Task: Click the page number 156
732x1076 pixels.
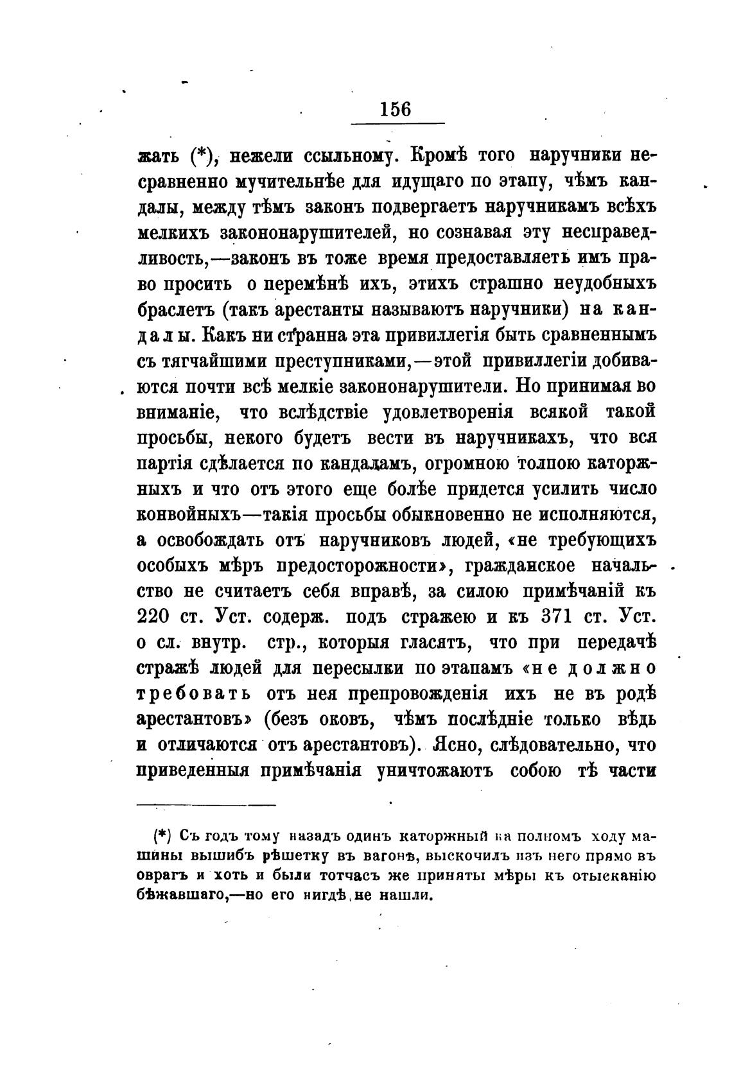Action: (395, 108)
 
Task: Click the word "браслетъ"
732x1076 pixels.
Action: (174, 309)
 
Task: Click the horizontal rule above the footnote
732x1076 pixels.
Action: (206, 804)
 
